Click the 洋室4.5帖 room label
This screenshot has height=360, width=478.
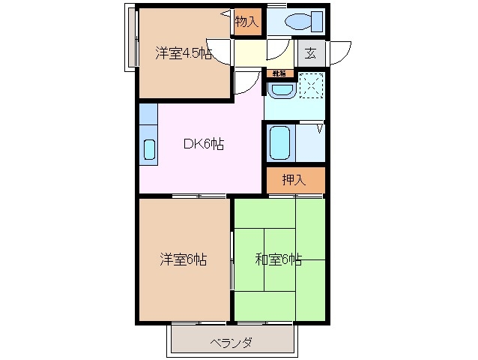click(183, 53)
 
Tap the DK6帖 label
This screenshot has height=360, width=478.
click(203, 145)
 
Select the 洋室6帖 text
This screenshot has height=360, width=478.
click(183, 260)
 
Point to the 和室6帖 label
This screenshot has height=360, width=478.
click(278, 260)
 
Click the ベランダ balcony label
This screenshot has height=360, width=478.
click(231, 343)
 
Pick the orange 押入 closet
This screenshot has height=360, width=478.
click(295, 180)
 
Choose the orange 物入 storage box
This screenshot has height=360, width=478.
click(246, 22)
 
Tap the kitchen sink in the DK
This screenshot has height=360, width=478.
click(148, 149)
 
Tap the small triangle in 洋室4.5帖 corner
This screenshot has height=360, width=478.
click(225, 14)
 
